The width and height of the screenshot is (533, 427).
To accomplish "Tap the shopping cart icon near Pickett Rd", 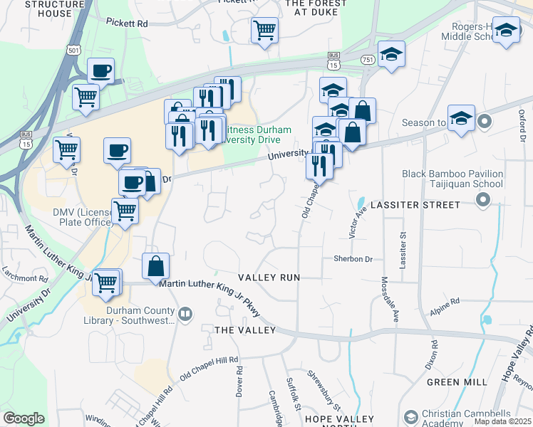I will [264, 31].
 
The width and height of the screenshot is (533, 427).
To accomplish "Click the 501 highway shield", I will [73, 50].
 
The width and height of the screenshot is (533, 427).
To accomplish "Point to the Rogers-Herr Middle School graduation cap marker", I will [506, 31].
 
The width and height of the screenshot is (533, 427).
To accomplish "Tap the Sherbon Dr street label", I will [353, 259].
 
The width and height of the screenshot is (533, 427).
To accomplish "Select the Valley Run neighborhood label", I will [269, 277].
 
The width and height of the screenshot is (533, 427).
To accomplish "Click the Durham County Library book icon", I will [185, 313].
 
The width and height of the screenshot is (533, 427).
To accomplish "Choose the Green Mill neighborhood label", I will [457, 382].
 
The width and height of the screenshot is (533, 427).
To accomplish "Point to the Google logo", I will [24, 418].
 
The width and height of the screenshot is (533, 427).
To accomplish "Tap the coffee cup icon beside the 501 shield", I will [100, 70].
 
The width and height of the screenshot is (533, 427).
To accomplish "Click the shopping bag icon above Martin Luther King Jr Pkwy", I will [156, 267].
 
